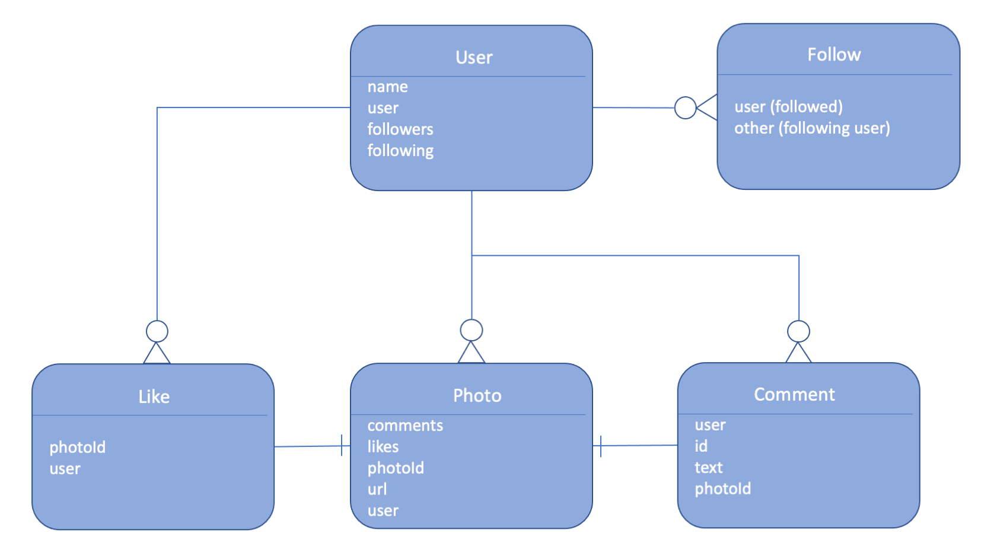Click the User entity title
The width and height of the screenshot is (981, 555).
pos(473,58)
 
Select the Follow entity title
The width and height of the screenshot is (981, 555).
pos(833,55)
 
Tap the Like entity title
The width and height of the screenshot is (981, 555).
pos(154,397)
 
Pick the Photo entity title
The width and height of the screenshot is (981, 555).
pos(477,395)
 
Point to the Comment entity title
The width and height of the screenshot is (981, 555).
pos(794,394)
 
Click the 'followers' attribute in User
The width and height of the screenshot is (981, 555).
pos(400,129)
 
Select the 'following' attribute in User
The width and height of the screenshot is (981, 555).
pos(400,151)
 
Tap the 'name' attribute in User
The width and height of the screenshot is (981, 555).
pos(387,87)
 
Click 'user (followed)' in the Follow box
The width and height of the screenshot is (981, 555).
pos(788,107)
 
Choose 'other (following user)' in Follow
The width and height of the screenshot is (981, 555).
pos(811,128)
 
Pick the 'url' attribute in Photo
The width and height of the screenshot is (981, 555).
pos(377,489)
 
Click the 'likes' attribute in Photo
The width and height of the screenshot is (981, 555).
pos(383,446)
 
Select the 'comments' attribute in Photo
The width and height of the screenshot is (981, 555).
pos(404,426)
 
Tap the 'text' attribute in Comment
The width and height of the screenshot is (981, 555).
pos(708,468)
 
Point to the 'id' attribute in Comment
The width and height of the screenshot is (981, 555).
pos(700,446)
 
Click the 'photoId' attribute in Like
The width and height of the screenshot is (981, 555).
pos(77,447)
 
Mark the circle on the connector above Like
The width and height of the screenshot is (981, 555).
pos(157,331)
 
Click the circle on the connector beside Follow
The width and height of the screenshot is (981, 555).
pos(685,108)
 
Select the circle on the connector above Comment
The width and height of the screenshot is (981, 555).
pos(798,331)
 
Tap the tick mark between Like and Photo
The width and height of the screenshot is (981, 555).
pos(342,445)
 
